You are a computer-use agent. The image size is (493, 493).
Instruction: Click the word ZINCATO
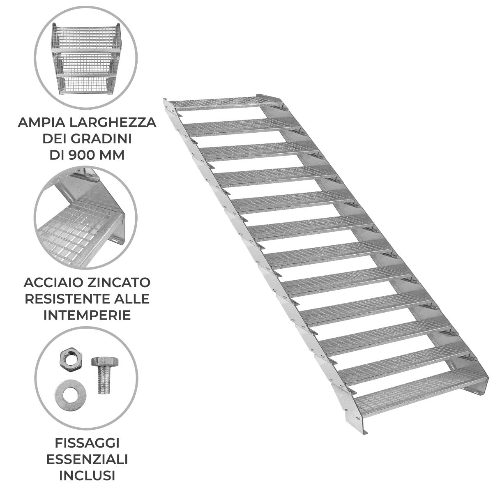pyautogui.click(x=119, y=283)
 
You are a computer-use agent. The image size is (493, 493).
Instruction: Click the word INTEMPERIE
pyautogui.click(x=87, y=315)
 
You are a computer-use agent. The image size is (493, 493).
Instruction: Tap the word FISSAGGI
pyautogui.click(x=87, y=443)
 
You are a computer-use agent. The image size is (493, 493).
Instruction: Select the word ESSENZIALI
pyautogui.click(x=87, y=459)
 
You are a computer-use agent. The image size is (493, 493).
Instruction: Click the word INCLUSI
pyautogui.click(x=87, y=476)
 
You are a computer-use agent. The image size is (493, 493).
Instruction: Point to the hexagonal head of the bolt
pyautogui.click(x=105, y=362)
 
